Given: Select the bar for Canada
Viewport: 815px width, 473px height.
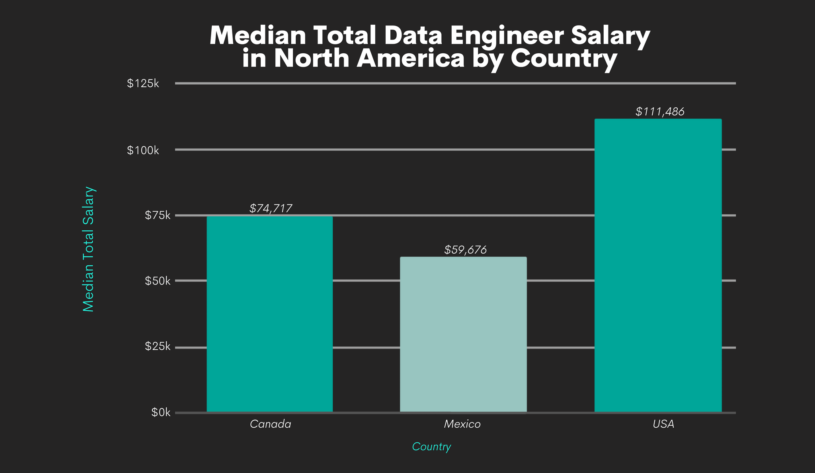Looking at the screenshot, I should [270, 314].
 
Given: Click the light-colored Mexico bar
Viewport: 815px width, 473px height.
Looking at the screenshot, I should [463, 335].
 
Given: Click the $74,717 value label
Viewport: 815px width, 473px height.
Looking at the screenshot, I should [271, 208].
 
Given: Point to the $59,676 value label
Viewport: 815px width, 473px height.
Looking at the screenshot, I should [465, 250].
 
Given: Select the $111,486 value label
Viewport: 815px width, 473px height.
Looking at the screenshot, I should [660, 112].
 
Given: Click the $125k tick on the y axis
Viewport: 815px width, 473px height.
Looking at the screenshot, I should [143, 84].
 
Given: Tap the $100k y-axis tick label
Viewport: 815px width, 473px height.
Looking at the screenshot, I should [143, 150].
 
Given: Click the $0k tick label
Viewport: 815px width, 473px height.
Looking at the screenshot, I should [161, 413].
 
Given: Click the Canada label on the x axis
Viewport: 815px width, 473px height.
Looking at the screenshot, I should [270, 424].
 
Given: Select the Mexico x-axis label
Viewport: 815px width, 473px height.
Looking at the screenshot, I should [462, 424].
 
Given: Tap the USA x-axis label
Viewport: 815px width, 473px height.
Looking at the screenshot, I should [663, 424].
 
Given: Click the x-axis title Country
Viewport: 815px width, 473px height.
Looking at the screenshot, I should [431, 447].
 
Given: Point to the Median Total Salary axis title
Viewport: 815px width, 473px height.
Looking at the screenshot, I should [88, 249].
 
